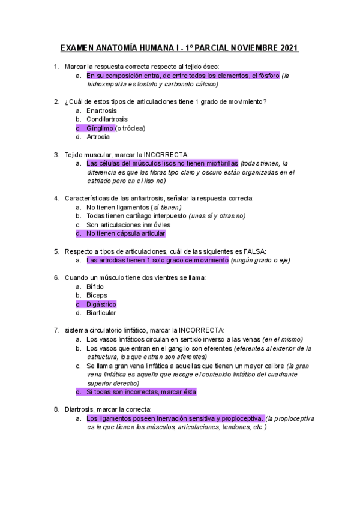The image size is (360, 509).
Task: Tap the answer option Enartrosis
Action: pos(101,111)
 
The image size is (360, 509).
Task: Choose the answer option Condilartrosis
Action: pos(107,119)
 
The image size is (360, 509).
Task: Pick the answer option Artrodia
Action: pos(98,137)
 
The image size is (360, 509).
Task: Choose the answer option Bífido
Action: pos(95,286)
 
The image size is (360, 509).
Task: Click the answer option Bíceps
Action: pos(97,295)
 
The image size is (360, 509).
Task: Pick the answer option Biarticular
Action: pos(101,313)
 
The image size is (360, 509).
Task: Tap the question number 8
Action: pos(56,409)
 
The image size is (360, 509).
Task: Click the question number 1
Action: pos(56,66)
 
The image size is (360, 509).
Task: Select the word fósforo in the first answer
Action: pos(266,76)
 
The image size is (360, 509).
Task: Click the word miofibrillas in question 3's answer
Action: pos(219,163)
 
